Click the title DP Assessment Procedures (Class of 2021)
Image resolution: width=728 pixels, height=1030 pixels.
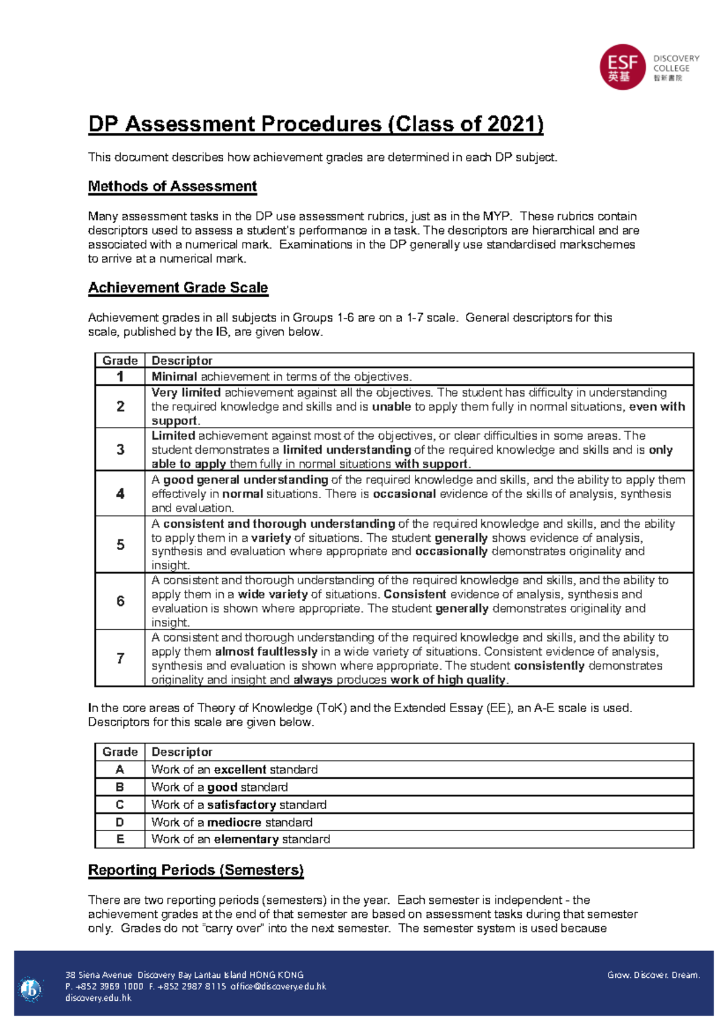pos(315,124)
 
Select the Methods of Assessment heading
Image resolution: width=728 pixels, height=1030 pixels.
pos(172,186)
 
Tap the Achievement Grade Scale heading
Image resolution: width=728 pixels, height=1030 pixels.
pos(178,288)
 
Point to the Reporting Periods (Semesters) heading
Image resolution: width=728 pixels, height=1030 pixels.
pos(195,870)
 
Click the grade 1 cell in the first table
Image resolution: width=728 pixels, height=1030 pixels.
pos(120,377)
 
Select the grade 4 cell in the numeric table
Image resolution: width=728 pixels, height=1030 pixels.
pos(120,494)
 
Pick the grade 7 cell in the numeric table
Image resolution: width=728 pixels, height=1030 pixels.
pos(120,658)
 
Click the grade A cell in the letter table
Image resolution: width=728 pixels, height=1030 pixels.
pos(120,770)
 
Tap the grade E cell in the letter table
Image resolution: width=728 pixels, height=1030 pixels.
pos(120,840)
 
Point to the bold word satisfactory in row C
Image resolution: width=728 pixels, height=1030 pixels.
pos(241,805)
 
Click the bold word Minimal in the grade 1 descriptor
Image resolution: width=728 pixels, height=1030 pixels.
pos(174,377)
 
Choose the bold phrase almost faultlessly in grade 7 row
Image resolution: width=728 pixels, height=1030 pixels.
pos(266,652)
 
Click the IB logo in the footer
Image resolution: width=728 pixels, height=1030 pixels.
pos(30,989)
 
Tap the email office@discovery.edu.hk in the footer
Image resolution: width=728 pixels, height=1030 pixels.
pos(278,986)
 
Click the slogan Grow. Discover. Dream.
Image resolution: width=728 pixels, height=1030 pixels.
pos(653,975)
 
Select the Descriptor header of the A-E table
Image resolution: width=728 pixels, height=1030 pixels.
pos(182,752)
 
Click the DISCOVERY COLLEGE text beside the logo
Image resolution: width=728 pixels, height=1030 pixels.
pos(676,64)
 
